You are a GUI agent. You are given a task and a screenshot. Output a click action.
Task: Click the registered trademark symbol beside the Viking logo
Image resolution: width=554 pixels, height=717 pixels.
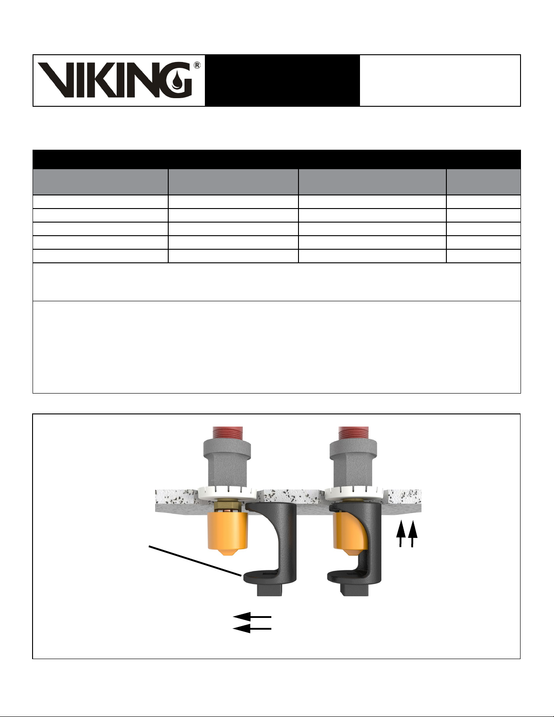tap(197, 65)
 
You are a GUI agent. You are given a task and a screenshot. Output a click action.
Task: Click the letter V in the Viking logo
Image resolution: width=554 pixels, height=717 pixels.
tap(58, 80)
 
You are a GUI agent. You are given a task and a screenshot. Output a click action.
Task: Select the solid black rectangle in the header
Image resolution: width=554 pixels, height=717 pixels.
tap(282, 81)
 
